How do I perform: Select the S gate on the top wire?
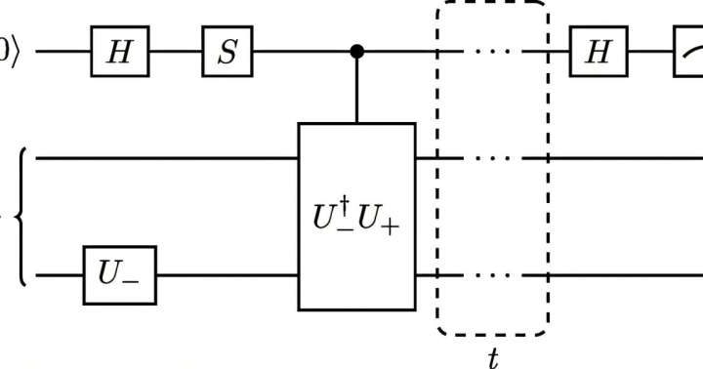(227, 51)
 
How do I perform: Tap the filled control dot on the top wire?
(357, 51)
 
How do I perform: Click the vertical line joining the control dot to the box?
(357, 88)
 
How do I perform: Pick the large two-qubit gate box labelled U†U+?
(356, 216)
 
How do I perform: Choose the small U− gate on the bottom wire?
(119, 277)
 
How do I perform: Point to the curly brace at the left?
(21, 216)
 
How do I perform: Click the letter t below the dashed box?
(493, 358)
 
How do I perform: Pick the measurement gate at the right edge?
(689, 51)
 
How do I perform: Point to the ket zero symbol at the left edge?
(8, 51)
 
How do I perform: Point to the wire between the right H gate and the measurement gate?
(650, 51)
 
